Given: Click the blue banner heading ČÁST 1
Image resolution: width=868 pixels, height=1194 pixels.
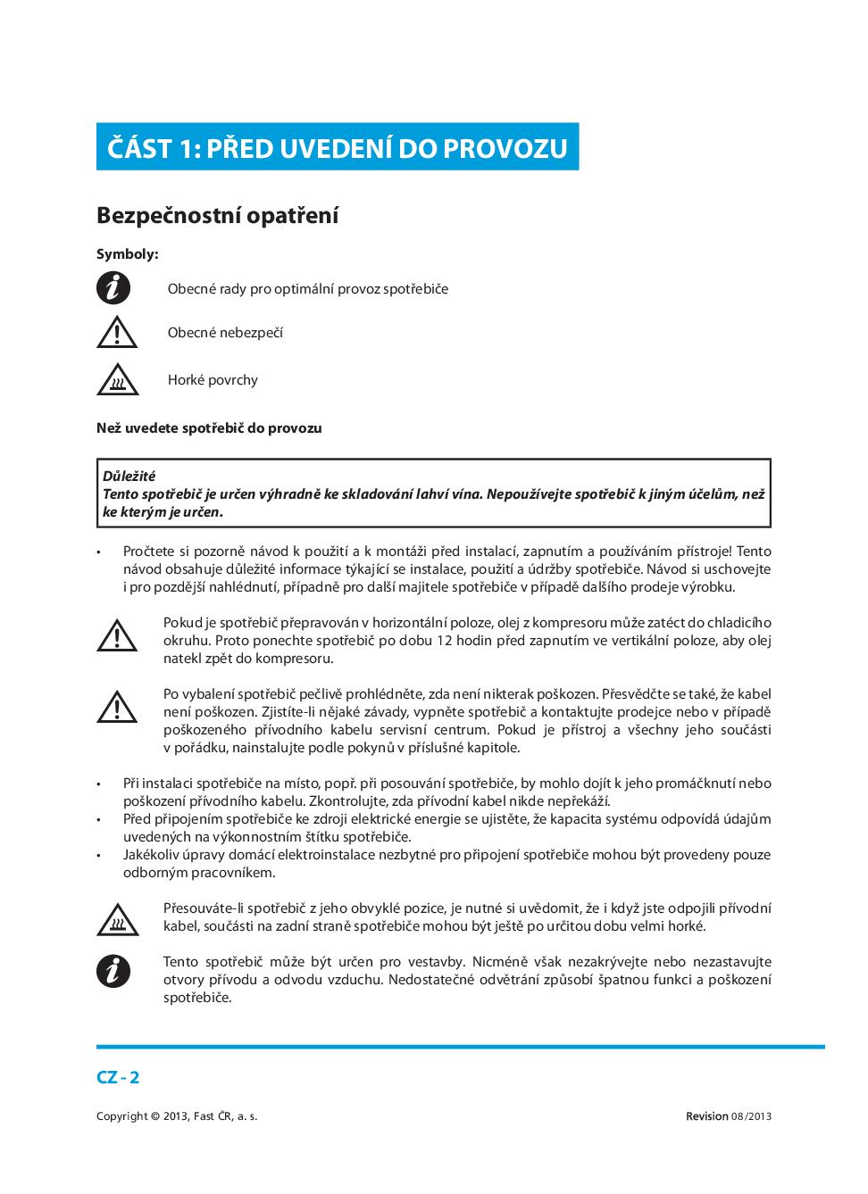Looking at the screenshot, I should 337,147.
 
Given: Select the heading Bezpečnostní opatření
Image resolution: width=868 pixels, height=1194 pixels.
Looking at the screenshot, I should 217,216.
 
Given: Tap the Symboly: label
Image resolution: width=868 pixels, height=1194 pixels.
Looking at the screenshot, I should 127,254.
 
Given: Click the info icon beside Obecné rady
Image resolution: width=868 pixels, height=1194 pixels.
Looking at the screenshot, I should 113,289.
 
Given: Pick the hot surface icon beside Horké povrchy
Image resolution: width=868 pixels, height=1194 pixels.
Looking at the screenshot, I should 117,380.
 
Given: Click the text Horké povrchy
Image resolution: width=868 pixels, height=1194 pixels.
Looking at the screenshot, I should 213,380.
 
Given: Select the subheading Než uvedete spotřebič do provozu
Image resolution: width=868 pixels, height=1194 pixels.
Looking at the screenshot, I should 209,428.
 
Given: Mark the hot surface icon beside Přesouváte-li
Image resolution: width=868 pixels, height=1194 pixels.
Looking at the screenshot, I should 117,918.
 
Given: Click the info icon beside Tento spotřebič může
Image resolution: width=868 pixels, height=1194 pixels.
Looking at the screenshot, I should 113,971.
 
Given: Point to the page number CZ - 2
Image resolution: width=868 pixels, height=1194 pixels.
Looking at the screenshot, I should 118,1077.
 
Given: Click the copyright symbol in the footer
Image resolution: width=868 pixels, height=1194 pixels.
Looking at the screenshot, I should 155,1116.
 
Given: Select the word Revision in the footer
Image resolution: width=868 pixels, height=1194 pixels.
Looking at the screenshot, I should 706,1116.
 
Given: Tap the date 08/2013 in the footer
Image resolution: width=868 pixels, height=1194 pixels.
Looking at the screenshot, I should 751,1116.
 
